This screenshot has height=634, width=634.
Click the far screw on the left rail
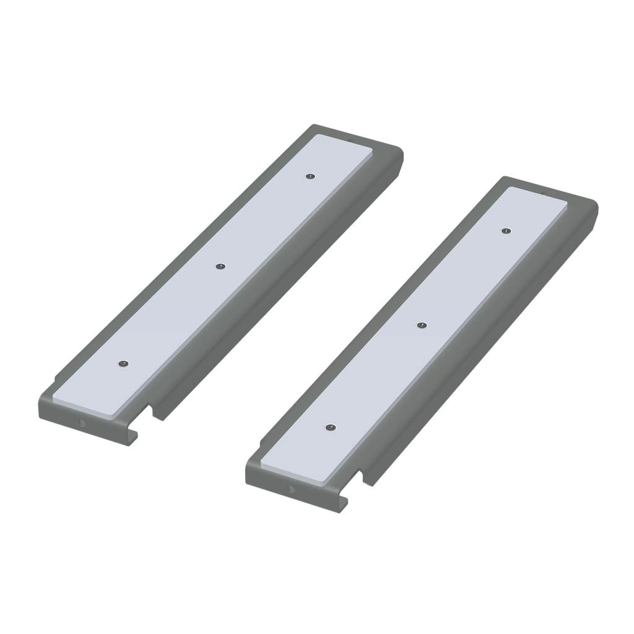[309, 176]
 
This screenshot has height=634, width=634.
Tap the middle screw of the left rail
[220, 267]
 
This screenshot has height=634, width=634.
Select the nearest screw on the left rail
[123, 363]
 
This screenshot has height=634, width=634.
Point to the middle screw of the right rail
[422, 325]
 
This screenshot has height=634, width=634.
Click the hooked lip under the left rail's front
[131, 436]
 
